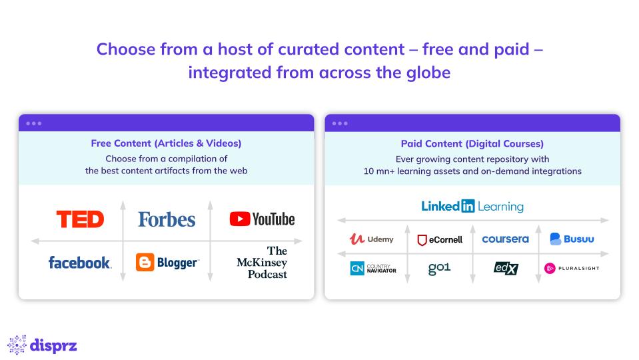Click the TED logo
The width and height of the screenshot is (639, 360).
tap(80, 219)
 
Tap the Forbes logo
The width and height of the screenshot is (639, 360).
tap(167, 219)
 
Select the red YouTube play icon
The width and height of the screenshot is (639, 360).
tap(240, 219)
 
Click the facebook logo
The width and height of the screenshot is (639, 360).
tap(80, 263)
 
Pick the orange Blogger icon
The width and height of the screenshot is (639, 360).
tap(145, 262)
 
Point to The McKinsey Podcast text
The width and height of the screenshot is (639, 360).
tap(262, 263)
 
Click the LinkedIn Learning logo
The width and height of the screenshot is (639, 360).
tap(472, 206)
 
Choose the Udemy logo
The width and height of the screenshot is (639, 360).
tap(371, 239)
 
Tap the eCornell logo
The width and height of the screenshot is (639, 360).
tap(440, 240)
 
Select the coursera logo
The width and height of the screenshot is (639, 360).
tap(505, 239)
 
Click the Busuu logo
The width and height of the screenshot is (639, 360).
tap(572, 239)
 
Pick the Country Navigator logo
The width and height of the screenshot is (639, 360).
tap(373, 268)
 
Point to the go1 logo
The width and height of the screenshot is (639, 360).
tap(439, 268)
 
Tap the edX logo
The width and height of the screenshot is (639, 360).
tap(506, 268)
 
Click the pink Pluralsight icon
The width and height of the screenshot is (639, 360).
tap(550, 268)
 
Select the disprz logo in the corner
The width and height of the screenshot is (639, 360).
tap(42, 345)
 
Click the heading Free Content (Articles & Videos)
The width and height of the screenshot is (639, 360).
tap(167, 143)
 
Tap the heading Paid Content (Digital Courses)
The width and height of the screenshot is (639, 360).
tap(472, 143)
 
